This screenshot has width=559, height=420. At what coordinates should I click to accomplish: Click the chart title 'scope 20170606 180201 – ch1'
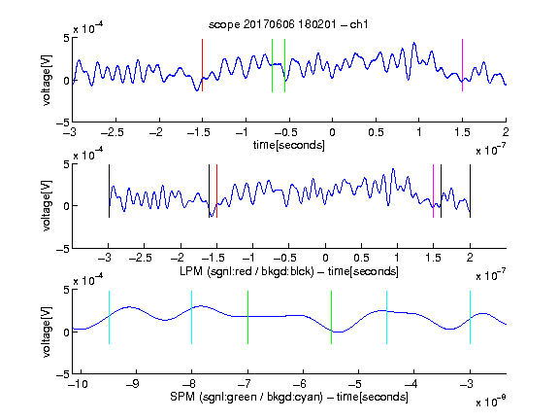[x=288, y=24]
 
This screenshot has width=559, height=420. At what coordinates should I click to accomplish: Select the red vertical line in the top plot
[x=203, y=65]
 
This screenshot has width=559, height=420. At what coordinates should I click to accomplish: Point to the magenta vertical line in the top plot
[x=462, y=65]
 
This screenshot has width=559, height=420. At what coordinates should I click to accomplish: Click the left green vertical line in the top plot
[x=272, y=65]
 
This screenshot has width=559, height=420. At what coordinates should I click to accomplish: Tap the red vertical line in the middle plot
[x=216, y=191]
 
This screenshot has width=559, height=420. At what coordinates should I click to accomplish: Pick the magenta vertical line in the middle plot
[x=433, y=191]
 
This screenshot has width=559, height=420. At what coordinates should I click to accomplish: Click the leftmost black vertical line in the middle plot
[x=109, y=191]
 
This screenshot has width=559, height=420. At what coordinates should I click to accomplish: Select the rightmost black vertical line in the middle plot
[x=470, y=191]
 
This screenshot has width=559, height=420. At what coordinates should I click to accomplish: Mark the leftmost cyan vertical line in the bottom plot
[x=109, y=318]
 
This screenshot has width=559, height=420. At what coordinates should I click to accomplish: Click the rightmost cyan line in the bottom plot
[x=470, y=318]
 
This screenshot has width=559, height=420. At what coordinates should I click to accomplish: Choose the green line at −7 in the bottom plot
[x=247, y=318]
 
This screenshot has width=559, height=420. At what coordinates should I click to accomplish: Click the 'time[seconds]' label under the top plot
[x=289, y=145]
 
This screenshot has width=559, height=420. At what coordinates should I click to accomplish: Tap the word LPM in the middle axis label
[x=191, y=271]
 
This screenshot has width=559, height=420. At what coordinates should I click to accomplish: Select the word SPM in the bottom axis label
[x=182, y=397]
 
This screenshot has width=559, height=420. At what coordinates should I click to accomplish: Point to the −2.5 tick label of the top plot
[x=113, y=132]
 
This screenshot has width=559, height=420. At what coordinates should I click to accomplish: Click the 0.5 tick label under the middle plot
[x=361, y=258]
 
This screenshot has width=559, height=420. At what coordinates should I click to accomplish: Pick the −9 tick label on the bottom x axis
[x=133, y=384]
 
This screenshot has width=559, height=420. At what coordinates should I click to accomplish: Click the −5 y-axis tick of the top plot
[x=63, y=122]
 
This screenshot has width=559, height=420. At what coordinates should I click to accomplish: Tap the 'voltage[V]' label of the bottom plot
[x=47, y=332]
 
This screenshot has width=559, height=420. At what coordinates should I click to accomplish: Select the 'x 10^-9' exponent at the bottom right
[x=491, y=402]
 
